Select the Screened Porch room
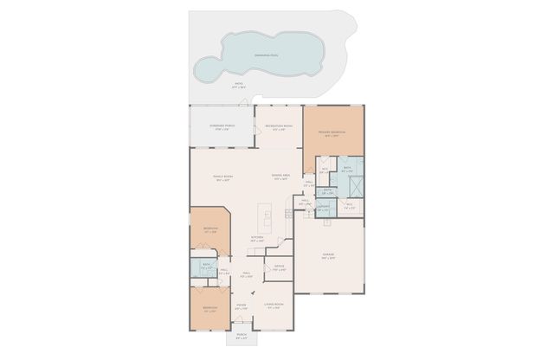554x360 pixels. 222,127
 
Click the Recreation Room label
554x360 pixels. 277,127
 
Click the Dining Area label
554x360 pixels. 279,177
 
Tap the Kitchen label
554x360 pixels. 257,238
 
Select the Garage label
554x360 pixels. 330,256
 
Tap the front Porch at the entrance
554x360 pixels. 242,336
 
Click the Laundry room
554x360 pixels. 324,208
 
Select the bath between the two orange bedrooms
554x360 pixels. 207,267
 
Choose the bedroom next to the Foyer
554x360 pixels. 209,309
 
